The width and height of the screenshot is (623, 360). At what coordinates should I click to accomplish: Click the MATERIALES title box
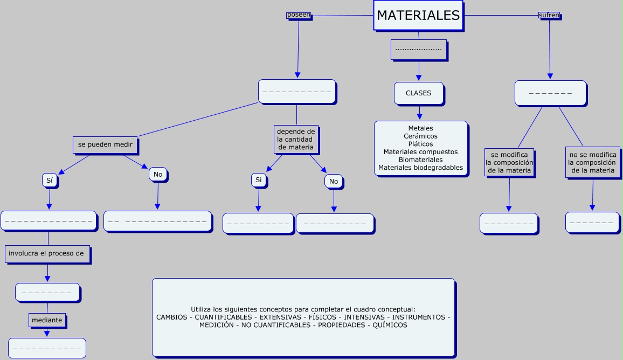point(418,16)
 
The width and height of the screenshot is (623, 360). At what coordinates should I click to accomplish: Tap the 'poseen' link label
point(299,15)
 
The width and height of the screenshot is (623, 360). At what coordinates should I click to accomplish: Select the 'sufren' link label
point(549,16)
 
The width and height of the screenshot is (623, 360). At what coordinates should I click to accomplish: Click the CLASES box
point(419,93)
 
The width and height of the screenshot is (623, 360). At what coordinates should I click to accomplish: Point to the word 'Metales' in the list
point(421,128)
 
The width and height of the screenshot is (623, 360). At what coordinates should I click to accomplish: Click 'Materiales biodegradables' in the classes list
point(421,168)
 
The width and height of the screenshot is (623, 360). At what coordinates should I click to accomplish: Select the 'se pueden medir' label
point(106,144)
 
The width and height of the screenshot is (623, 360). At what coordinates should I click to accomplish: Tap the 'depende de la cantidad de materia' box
point(296,139)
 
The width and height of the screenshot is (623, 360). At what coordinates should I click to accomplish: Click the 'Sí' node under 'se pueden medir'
point(50,181)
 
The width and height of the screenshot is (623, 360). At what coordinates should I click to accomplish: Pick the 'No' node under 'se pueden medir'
point(158,175)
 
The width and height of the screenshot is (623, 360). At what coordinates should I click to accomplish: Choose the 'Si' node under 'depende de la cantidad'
point(259,180)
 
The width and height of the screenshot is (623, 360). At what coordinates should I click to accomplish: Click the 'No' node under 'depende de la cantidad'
point(334,181)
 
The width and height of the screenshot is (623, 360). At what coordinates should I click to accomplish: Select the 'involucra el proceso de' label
point(47,253)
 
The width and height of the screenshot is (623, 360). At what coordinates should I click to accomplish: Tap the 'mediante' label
point(47,320)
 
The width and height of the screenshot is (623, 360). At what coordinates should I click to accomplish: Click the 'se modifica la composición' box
point(509,162)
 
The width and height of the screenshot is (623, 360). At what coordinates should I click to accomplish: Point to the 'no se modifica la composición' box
point(592,162)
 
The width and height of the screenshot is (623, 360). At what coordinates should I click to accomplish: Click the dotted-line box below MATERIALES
point(418,50)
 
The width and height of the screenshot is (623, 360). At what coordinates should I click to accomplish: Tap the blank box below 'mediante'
point(47,348)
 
